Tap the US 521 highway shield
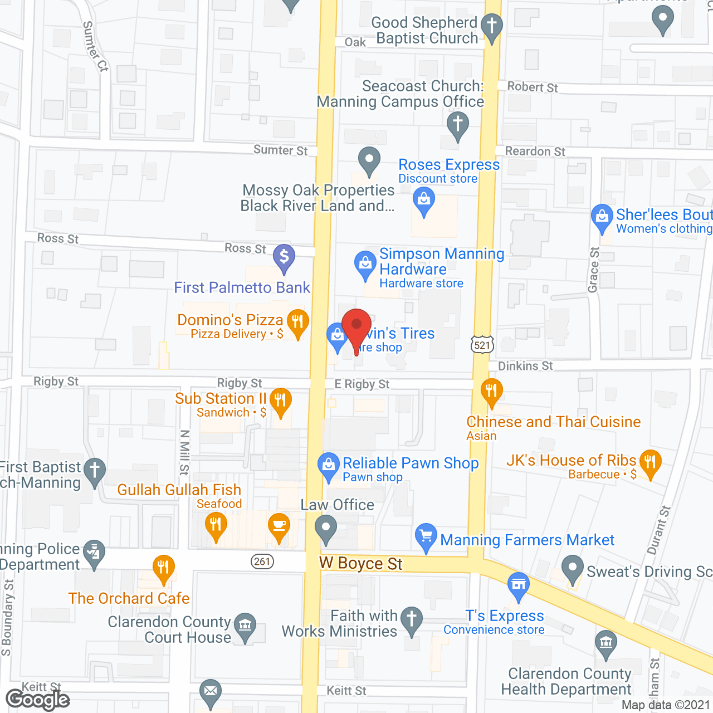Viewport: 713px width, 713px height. pyautogui.click(x=482, y=345)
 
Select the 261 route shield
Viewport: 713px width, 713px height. pyautogui.click(x=262, y=561)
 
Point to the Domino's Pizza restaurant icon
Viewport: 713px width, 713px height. pyautogui.click(x=297, y=323)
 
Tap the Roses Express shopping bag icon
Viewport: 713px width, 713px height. pyautogui.click(x=424, y=200)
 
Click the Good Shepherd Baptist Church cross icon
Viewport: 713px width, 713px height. pyautogui.click(x=491, y=26)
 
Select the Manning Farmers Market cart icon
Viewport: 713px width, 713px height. pyautogui.click(x=426, y=536)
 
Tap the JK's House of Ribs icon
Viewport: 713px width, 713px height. pyautogui.click(x=650, y=462)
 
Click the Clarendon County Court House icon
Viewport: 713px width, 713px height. pyautogui.click(x=245, y=625)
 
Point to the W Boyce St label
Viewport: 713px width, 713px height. pyautogui.click(x=361, y=564)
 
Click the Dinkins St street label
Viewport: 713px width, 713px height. pyautogui.click(x=525, y=366)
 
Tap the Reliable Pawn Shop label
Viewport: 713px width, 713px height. pyautogui.click(x=411, y=463)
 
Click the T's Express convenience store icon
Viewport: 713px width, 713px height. pyautogui.click(x=519, y=585)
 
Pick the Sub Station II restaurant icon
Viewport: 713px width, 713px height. pyautogui.click(x=280, y=401)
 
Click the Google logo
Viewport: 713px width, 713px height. pyautogui.click(x=37, y=700)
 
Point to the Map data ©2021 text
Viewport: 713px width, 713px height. pyautogui.click(x=666, y=705)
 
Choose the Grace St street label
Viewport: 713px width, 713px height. pyautogui.click(x=594, y=270)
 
